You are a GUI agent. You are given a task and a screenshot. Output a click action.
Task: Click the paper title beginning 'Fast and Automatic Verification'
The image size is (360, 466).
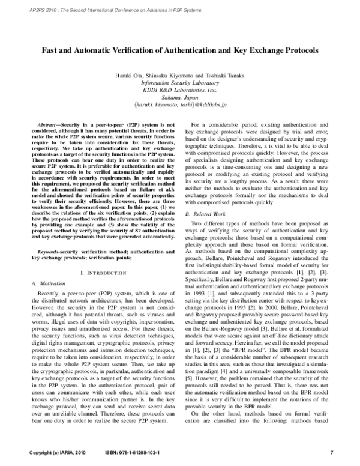[x=180, y=52]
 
